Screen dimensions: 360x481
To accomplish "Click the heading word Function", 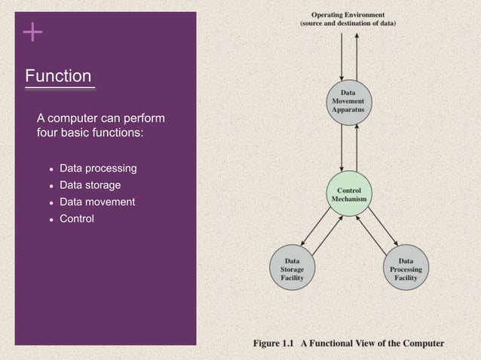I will [x=58, y=76].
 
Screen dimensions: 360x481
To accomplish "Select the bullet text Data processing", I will [x=98, y=167].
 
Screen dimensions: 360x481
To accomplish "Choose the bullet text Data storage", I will [x=90, y=185].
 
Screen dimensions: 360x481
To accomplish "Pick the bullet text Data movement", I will [x=97, y=202].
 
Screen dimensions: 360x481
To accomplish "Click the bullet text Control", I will [x=77, y=219].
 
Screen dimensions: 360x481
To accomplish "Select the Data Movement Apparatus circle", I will [x=348, y=102].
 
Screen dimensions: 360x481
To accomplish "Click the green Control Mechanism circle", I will [x=348, y=194].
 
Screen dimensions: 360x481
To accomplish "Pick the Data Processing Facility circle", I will [x=406, y=269].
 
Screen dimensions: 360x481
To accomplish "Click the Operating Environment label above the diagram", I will [x=348, y=14].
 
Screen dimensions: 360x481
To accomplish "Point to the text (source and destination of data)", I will [x=348, y=23].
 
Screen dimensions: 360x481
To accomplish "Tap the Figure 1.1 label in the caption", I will [x=274, y=343].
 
